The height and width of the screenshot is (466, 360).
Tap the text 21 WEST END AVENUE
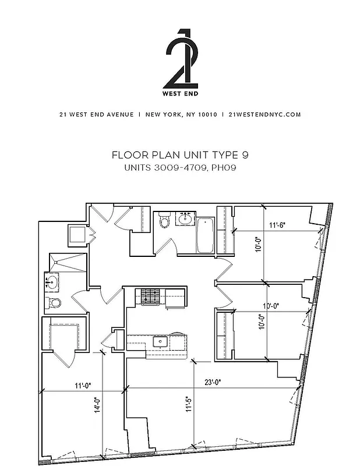(x=96, y=115)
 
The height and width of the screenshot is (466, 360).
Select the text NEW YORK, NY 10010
(x=181, y=115)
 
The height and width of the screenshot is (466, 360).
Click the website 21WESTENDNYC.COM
(x=265, y=115)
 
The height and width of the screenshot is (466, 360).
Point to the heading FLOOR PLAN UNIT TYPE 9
(x=179, y=156)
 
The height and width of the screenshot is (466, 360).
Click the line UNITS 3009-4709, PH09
(x=179, y=168)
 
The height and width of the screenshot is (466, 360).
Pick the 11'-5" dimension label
(x=188, y=404)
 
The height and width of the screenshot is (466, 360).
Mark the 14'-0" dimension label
(x=97, y=406)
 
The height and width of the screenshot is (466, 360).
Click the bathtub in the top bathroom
(x=205, y=234)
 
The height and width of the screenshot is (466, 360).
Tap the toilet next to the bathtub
(x=165, y=222)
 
